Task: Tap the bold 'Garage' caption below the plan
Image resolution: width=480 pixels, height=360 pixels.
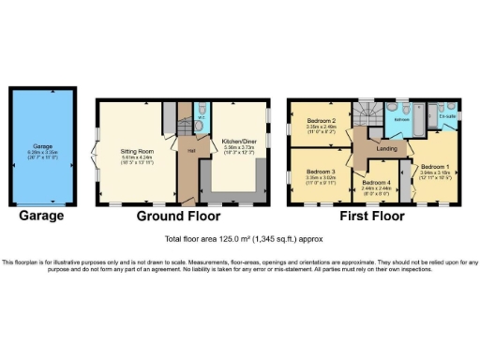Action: [42, 216]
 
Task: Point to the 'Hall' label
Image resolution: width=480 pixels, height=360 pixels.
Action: [189, 149]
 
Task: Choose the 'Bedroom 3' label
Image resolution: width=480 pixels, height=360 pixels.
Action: [321, 172]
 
